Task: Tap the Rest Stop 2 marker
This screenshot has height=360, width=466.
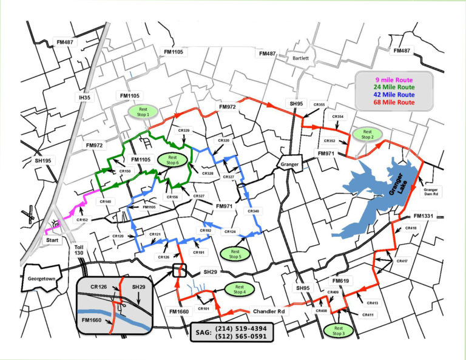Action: [368, 134]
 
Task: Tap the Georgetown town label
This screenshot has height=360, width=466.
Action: [41, 279]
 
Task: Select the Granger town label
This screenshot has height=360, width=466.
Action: [290, 164]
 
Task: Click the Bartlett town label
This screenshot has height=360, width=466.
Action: [301, 58]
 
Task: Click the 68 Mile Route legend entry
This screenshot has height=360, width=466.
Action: [394, 103]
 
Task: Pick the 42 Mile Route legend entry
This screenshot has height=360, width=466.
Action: [394, 95]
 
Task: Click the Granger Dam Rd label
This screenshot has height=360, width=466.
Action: [435, 192]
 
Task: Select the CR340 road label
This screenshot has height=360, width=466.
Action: [253, 211]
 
